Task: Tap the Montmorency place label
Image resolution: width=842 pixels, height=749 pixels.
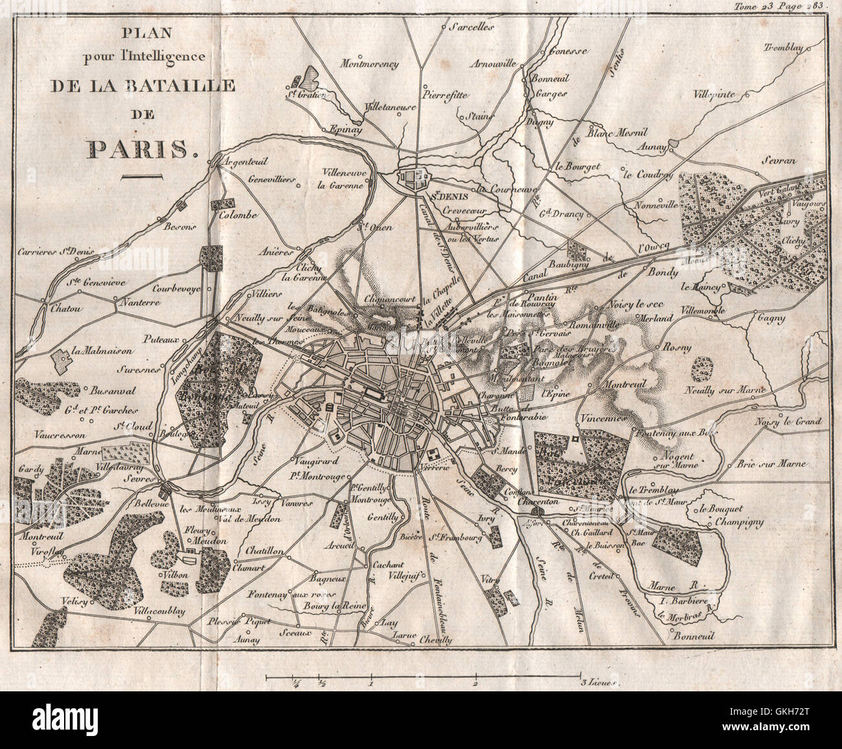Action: (369, 64)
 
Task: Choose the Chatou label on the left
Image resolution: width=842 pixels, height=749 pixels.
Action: (63, 310)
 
